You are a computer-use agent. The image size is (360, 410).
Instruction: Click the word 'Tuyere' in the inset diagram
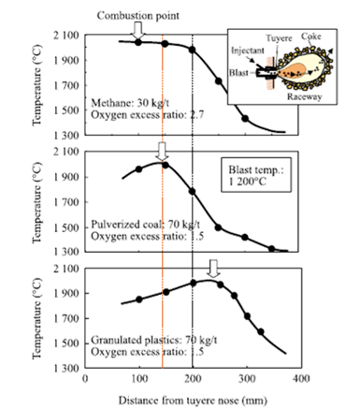click(278, 37)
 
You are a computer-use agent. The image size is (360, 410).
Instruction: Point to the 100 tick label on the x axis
click(138, 379)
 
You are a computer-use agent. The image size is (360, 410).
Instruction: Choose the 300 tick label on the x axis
click(246, 379)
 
